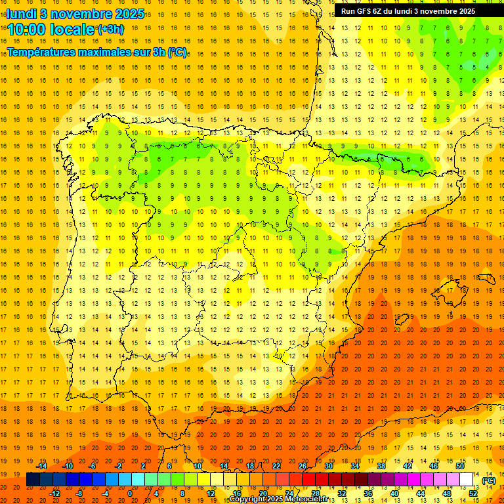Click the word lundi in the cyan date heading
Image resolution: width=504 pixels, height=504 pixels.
point(22,14)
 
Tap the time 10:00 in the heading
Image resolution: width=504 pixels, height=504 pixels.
point(29,30)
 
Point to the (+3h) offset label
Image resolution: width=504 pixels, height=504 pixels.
point(110,30)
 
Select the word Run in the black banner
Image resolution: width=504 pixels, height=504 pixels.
point(348,11)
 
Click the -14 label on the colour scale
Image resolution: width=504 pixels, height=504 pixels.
point(42,466)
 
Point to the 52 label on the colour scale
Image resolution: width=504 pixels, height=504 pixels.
point(473,493)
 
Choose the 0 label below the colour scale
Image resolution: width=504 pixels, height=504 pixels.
point(130,493)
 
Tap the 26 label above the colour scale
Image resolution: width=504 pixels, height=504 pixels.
point(303,466)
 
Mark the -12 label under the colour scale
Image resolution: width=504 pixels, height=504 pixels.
point(55,493)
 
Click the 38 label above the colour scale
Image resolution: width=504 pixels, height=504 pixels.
point(381,466)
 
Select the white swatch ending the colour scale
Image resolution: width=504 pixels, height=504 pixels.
point(466,480)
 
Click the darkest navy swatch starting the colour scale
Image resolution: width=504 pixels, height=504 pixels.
point(33,480)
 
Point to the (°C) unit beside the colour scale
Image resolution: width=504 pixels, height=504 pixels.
point(489,480)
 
